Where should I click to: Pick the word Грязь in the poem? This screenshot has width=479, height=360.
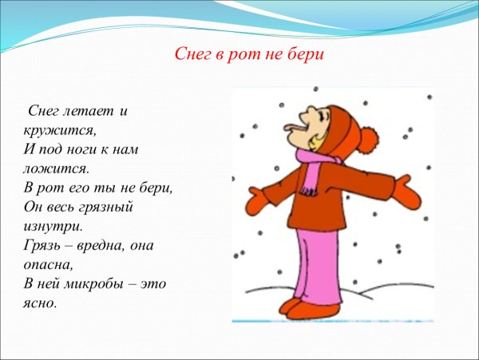tap(38, 245)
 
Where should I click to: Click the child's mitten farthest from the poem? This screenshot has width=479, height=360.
tap(410, 194)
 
